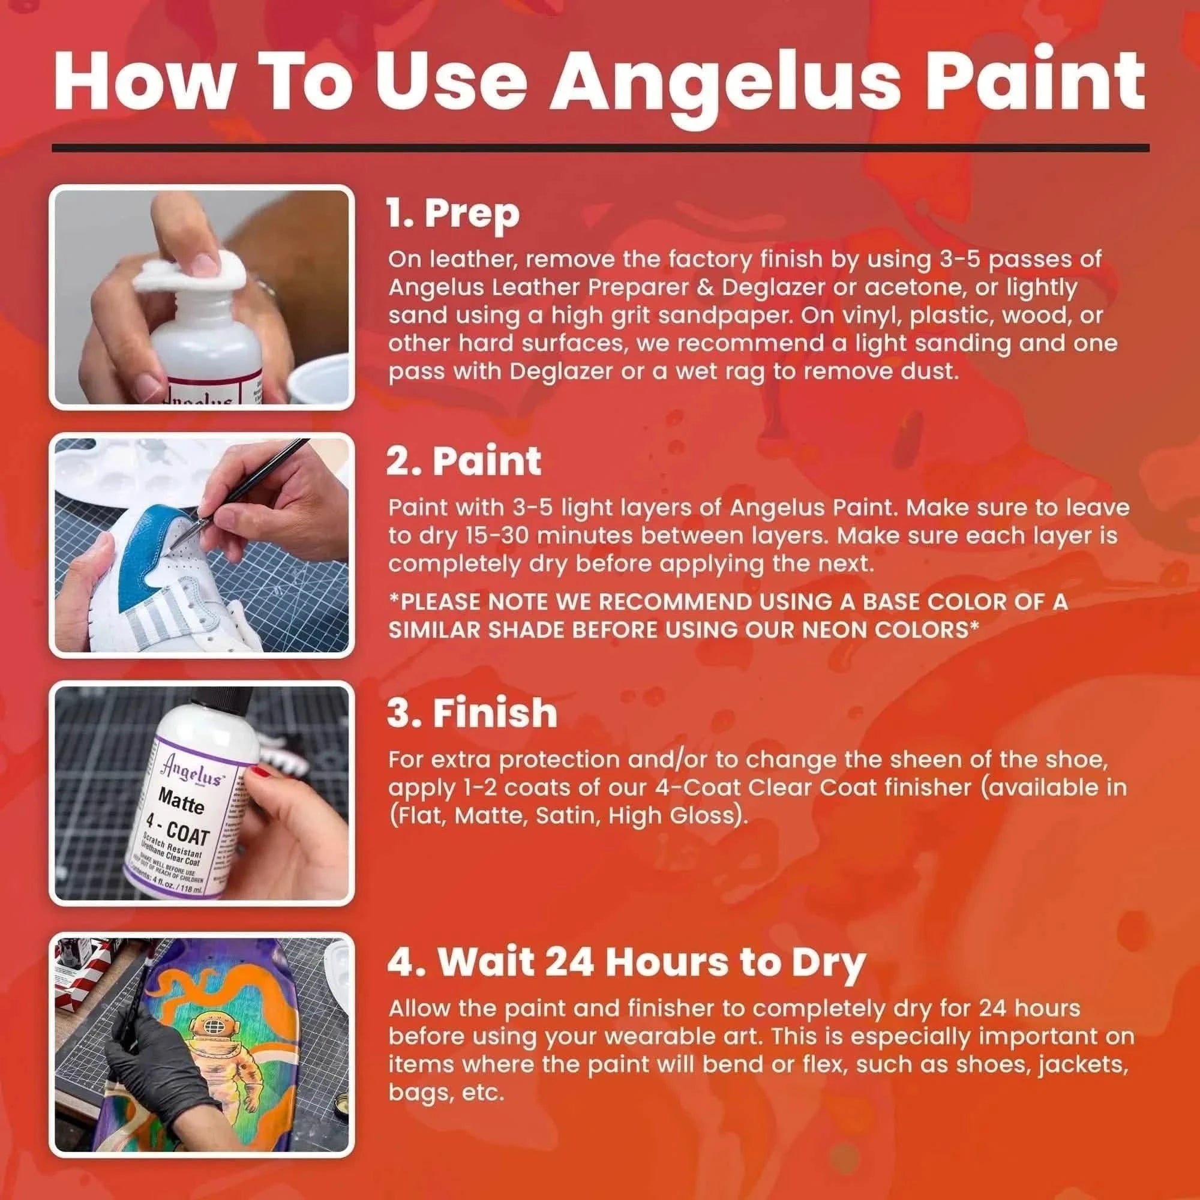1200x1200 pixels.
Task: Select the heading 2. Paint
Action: pos(463,461)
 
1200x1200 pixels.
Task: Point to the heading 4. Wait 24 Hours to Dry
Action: pos(625,963)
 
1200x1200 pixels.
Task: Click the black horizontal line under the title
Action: pos(600,148)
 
